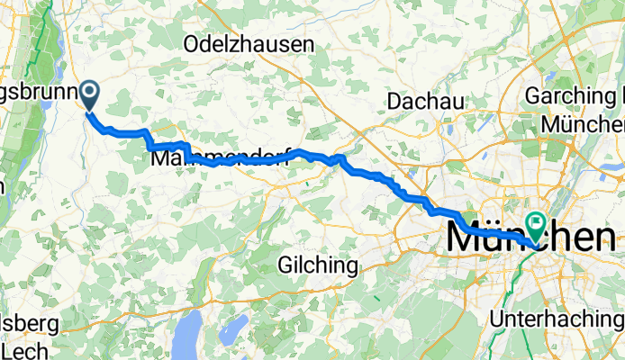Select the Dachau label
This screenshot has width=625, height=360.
pos(425,101)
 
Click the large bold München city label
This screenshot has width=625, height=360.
pos(531,238)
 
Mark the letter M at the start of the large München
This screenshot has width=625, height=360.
pos(464,238)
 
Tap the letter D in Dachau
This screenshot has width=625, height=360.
pos(394,101)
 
